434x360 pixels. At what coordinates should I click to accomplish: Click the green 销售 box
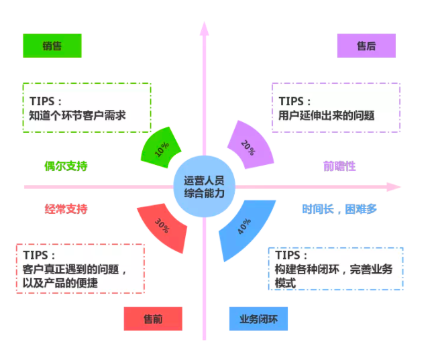coord(52,46)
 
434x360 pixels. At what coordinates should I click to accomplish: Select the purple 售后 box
coord(366,46)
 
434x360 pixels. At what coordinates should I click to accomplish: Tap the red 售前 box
coord(153,318)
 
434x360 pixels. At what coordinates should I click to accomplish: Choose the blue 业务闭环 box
coord(258,318)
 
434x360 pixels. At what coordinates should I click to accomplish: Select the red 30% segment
coord(163,225)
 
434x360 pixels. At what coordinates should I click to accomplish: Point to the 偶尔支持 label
coord(66,166)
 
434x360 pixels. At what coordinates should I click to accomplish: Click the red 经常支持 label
coord(66,208)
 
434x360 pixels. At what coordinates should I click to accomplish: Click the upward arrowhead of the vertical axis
coord(205,27)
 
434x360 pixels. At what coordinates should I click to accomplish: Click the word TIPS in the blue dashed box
coord(292,255)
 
